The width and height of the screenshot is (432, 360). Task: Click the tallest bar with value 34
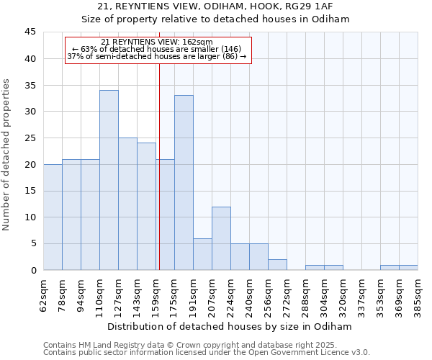pos(109,180)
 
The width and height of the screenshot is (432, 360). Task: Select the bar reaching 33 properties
pos(184,183)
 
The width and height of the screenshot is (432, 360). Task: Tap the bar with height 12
pos(221,238)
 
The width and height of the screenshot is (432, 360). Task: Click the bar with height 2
pos(277,265)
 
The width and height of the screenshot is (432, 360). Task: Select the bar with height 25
pos(127,204)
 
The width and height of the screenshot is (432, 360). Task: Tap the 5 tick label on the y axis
pos(32,244)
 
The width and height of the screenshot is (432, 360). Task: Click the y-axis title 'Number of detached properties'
pos(7,155)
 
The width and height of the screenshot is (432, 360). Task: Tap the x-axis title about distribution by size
pos(230,326)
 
